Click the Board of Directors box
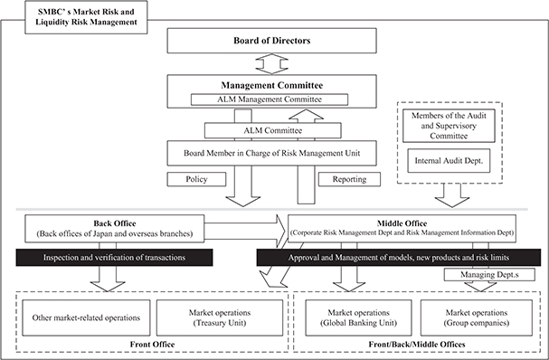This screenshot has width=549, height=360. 271,41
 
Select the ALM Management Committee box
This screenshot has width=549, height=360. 270,99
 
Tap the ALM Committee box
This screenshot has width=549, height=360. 273,130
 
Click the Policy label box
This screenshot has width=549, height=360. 196,179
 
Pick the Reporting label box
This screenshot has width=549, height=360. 349,179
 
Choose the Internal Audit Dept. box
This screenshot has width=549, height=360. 449,161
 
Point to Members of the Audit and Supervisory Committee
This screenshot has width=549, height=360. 449,126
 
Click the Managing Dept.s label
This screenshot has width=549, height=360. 489,275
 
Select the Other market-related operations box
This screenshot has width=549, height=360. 86,317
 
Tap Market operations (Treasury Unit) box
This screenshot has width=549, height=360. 220,317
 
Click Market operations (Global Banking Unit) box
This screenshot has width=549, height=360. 358,317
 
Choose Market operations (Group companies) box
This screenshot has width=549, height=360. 476,317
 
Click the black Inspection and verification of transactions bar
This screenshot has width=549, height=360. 114,258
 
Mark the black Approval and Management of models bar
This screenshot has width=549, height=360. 399,258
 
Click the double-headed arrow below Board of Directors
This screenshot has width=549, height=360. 271,64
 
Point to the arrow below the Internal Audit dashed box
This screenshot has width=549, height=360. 452,195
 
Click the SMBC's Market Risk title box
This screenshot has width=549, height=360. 86,17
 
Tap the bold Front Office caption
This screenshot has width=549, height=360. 152,345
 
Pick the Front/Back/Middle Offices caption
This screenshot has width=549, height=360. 417,345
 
